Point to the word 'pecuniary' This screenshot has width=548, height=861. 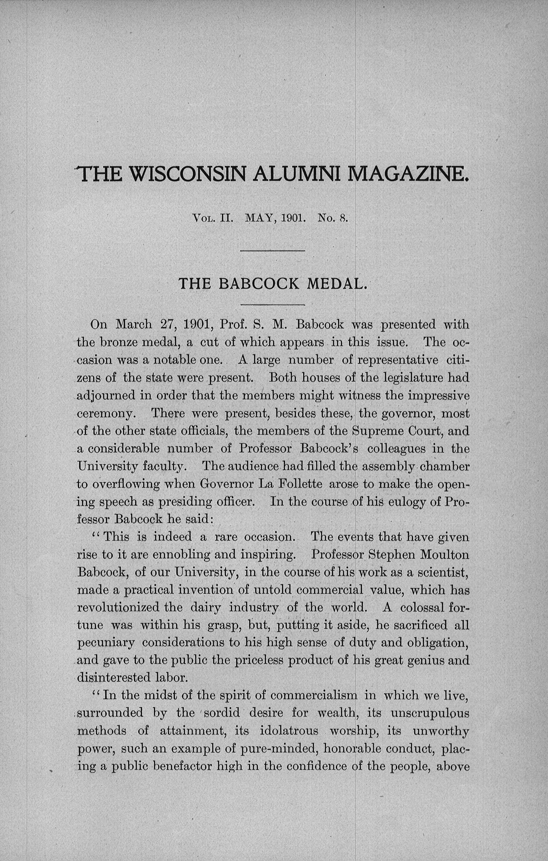[106, 643]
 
